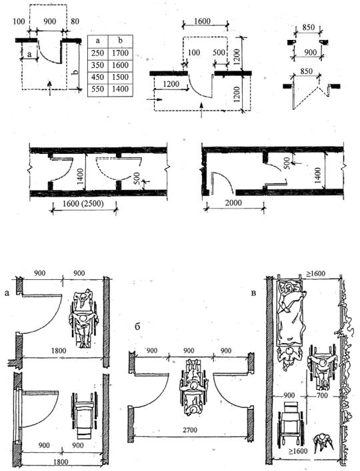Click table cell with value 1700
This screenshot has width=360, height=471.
point(120,53)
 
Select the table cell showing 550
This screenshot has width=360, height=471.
point(97,89)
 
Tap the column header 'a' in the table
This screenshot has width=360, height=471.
point(97,41)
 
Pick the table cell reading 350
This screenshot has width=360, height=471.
point(97,65)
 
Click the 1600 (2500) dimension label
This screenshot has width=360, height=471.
point(83,204)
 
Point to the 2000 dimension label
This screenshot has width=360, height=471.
point(233,203)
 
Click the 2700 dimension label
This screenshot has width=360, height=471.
point(189,430)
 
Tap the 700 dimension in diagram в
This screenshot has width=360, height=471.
point(322,396)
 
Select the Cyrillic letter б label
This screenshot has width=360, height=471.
point(137,327)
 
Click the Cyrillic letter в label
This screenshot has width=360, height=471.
point(253,293)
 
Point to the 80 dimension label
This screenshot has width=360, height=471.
point(75,21)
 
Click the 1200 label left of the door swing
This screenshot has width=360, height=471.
point(171,84)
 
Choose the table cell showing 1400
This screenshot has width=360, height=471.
point(120,89)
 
